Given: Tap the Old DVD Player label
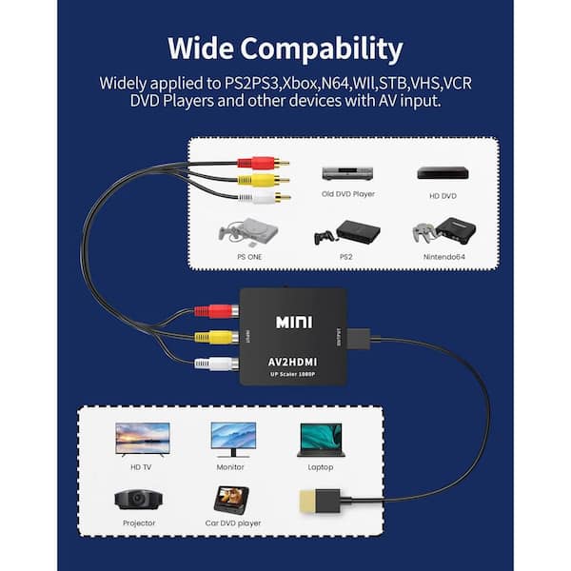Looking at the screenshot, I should [347, 194].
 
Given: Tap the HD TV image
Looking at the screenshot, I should [143, 438].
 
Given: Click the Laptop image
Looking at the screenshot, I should [320, 439].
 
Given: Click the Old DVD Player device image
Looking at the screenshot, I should [346, 174].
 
